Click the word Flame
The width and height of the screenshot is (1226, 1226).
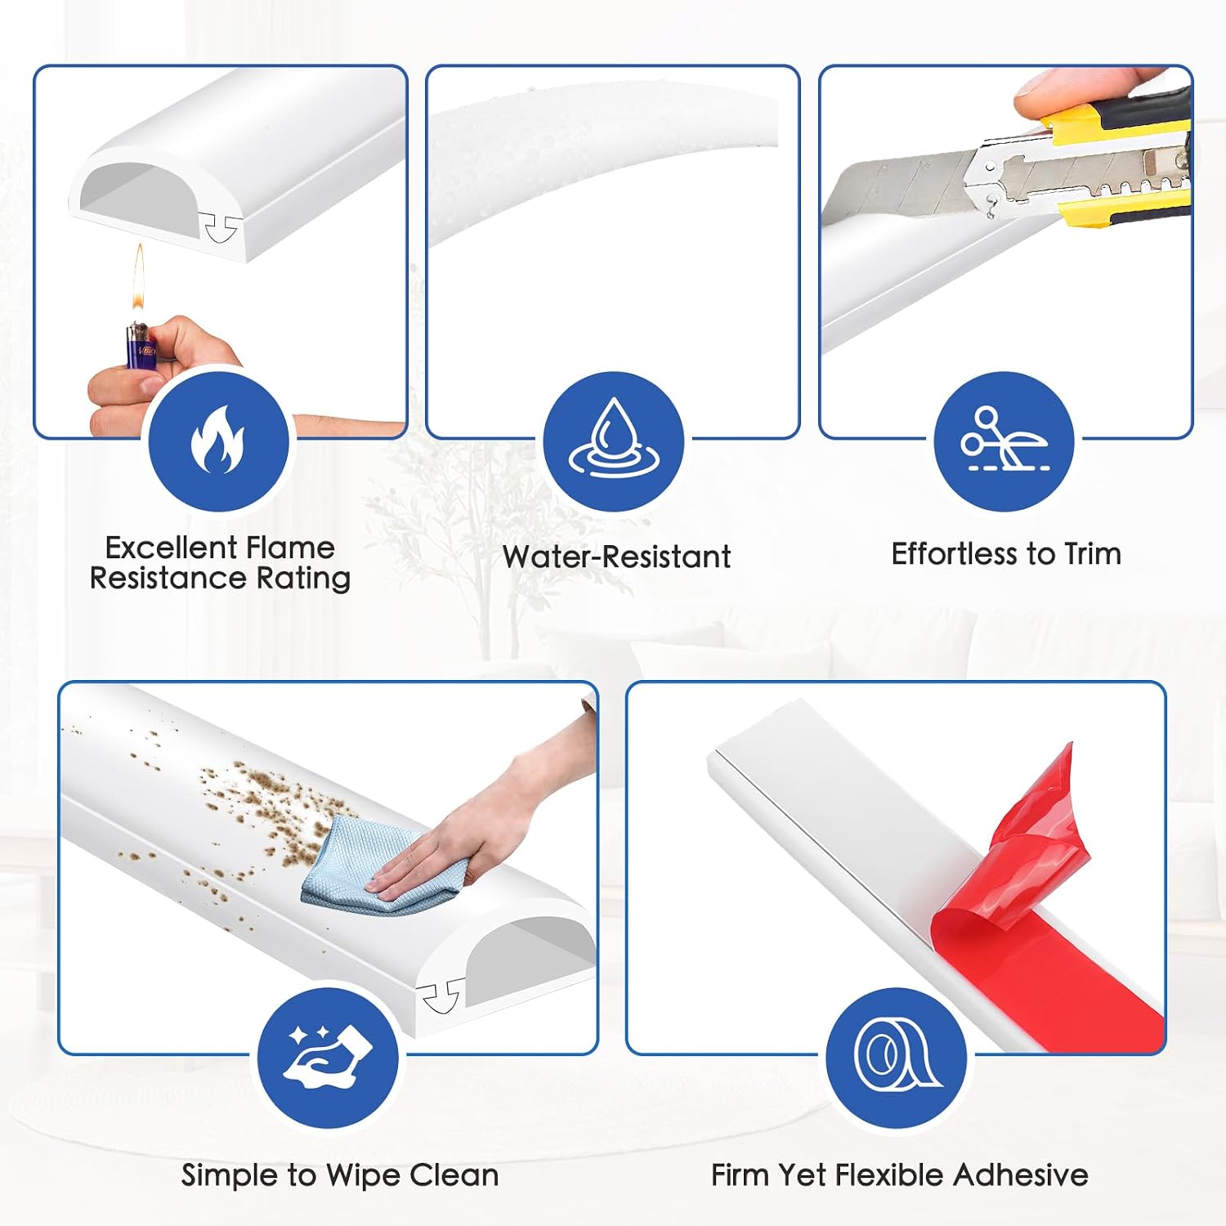pos(291,548)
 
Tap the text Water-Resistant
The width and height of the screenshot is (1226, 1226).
pos(616,557)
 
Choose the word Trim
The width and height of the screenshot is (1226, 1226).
pos(1092,553)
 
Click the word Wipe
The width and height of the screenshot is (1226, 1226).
pos(365,1175)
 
